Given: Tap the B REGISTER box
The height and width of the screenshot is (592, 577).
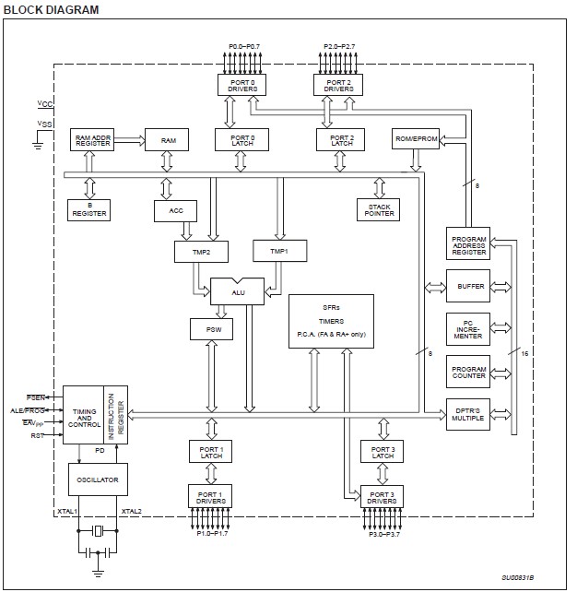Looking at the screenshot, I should click(90, 209).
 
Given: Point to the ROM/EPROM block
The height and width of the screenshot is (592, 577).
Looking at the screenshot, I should click(415, 140).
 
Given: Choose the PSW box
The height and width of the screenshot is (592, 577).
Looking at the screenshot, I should click(212, 328).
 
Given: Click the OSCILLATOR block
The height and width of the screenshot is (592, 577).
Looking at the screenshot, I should click(98, 480).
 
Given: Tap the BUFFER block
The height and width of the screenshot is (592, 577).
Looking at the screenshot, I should click(469, 286).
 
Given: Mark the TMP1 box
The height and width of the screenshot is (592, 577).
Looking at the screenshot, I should click(279, 251).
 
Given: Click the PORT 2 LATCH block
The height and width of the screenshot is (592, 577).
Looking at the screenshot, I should click(341, 140).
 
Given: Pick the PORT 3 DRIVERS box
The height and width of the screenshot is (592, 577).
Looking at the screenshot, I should click(383, 498).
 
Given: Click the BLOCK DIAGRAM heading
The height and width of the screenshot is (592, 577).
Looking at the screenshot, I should click(53, 9).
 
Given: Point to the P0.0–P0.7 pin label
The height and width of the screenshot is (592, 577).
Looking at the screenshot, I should click(244, 45).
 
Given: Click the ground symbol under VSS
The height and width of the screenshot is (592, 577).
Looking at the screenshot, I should click(38, 143).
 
